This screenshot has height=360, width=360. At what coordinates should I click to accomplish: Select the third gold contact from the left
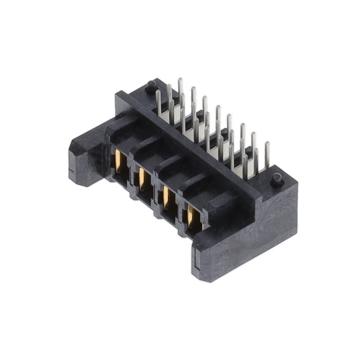166,197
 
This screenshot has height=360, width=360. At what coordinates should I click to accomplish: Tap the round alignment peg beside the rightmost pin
276,179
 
